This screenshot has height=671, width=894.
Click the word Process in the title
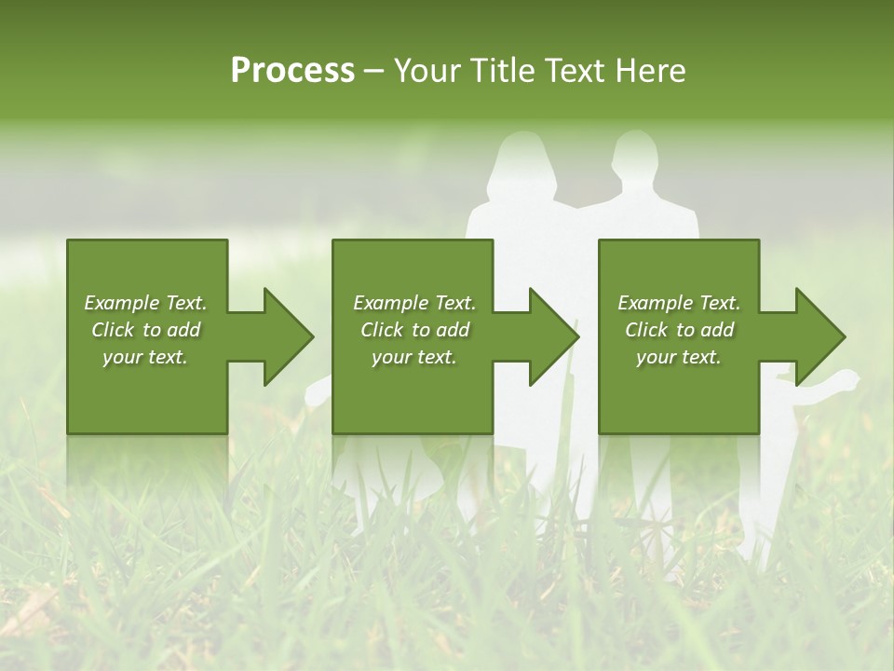point(292,71)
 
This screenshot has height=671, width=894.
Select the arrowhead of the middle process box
point(553,336)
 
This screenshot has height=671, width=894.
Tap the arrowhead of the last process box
point(819,336)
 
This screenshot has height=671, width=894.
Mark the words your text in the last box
point(678,357)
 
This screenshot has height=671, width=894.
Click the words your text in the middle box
point(413,357)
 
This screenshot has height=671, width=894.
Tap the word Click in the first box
point(114,330)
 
